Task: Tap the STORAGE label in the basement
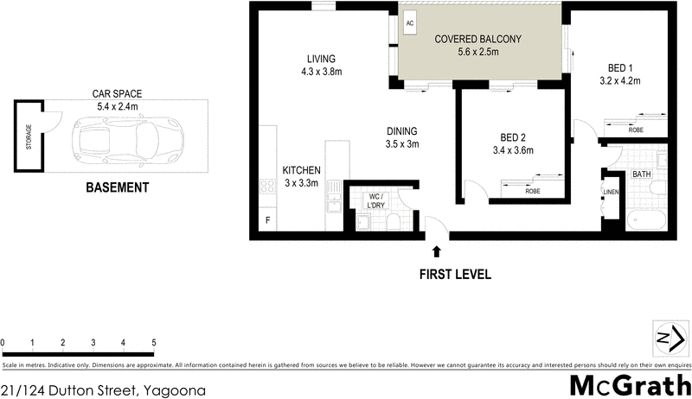(29, 137)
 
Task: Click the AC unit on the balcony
(410, 24)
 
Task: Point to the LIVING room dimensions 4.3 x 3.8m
(320, 73)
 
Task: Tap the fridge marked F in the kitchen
(268, 221)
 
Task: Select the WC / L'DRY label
(375, 199)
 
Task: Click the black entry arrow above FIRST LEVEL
(437, 251)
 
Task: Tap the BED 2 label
(513, 137)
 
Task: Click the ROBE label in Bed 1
(636, 130)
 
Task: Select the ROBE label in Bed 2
(534, 191)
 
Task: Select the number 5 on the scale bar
(153, 343)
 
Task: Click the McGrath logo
(631, 385)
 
